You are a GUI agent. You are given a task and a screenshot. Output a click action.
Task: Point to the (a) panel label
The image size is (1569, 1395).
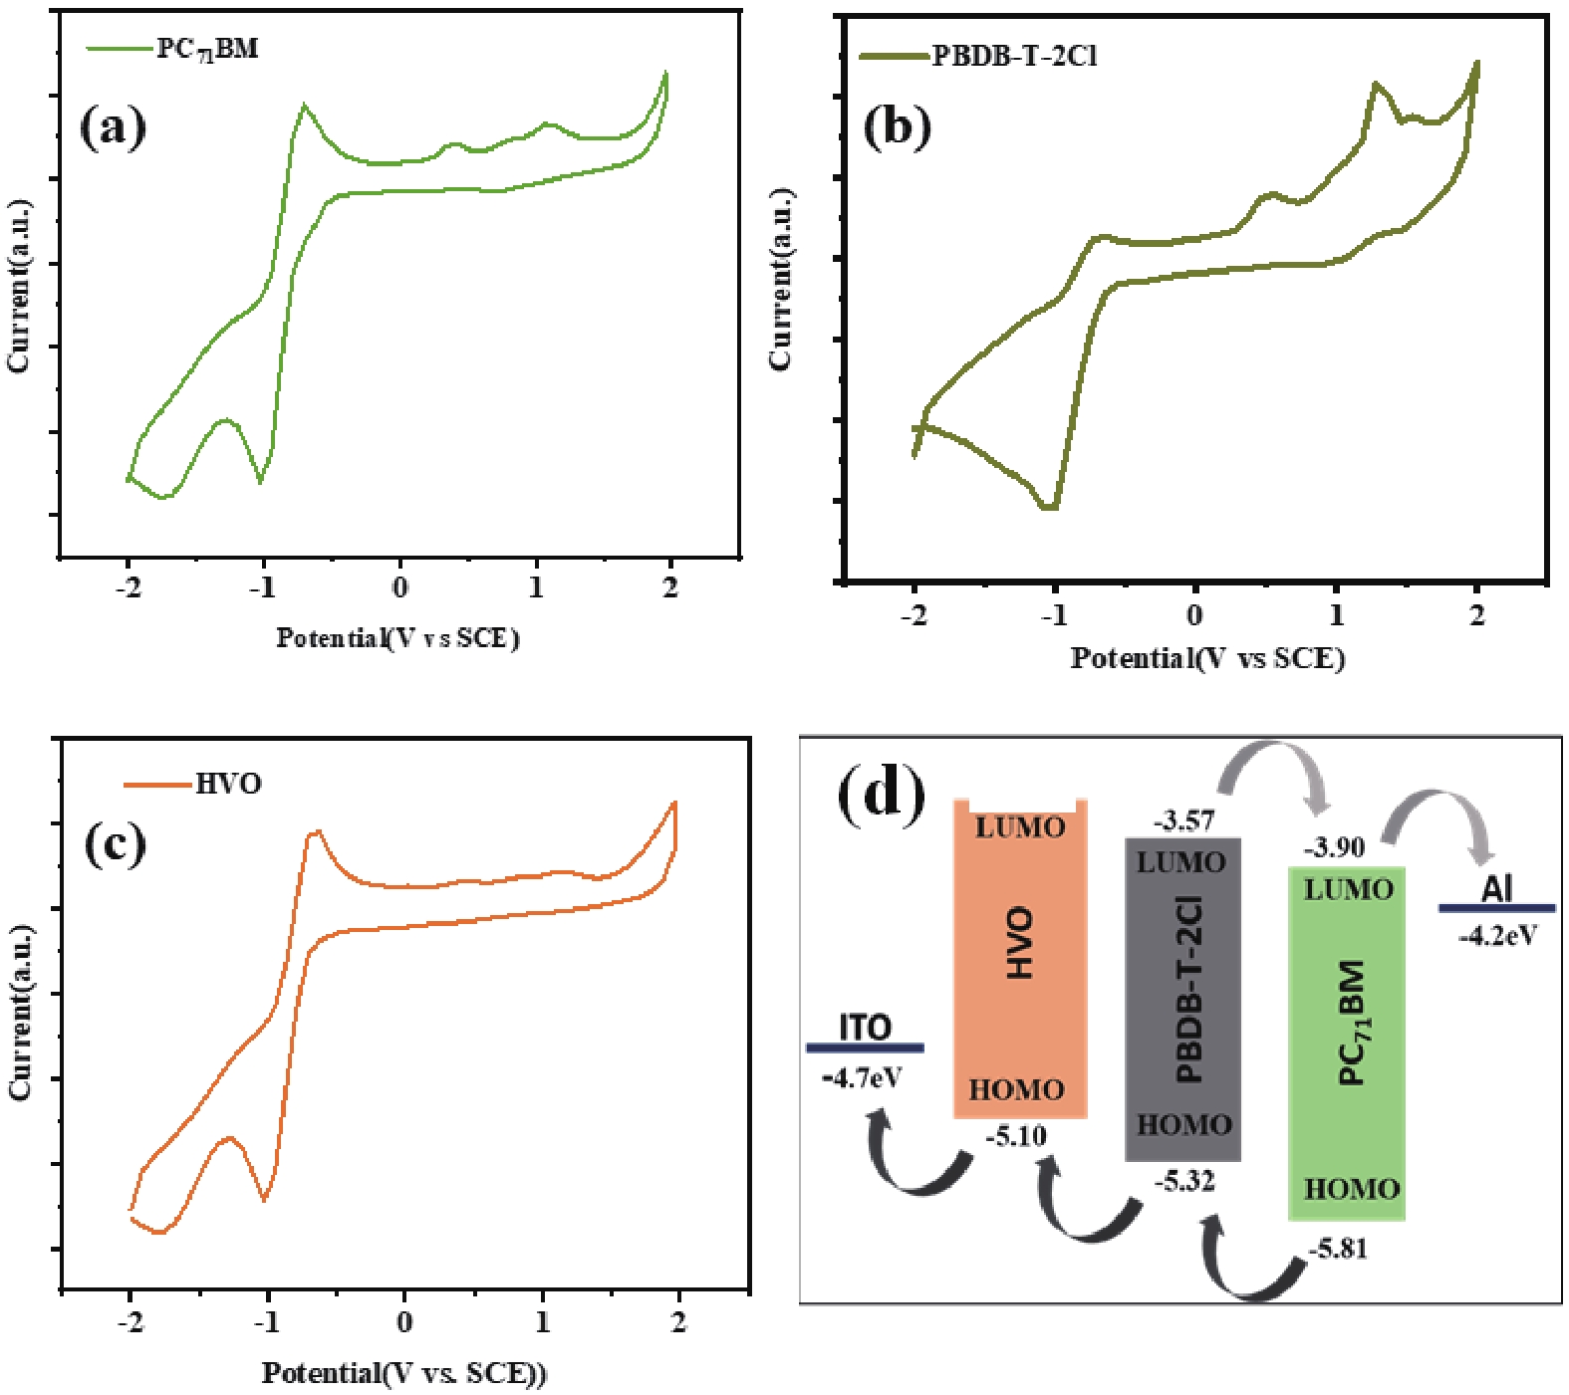(x=113, y=127)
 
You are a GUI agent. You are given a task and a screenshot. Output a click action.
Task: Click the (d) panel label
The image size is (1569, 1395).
(x=882, y=795)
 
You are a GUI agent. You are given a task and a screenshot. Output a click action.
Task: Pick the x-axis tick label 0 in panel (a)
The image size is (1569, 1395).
(x=399, y=587)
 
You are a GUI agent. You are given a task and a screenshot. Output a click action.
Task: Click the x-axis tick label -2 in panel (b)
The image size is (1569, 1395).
(x=914, y=615)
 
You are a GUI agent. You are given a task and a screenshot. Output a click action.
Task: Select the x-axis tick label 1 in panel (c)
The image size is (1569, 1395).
(x=542, y=1322)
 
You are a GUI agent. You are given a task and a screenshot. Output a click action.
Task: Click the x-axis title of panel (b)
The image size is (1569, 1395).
(x=1207, y=658)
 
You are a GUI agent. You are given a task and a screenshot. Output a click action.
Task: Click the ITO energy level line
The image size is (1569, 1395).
(x=865, y=1047)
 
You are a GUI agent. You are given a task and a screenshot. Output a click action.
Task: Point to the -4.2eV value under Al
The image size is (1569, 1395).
(x=1497, y=936)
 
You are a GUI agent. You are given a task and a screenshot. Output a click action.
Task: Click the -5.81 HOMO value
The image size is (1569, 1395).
(x=1338, y=1249)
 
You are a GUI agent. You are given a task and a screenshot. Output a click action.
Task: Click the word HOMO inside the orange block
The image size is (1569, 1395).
(x=1016, y=1090)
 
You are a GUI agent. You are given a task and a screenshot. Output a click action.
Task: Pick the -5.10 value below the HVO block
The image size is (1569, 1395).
(x=1016, y=1136)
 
